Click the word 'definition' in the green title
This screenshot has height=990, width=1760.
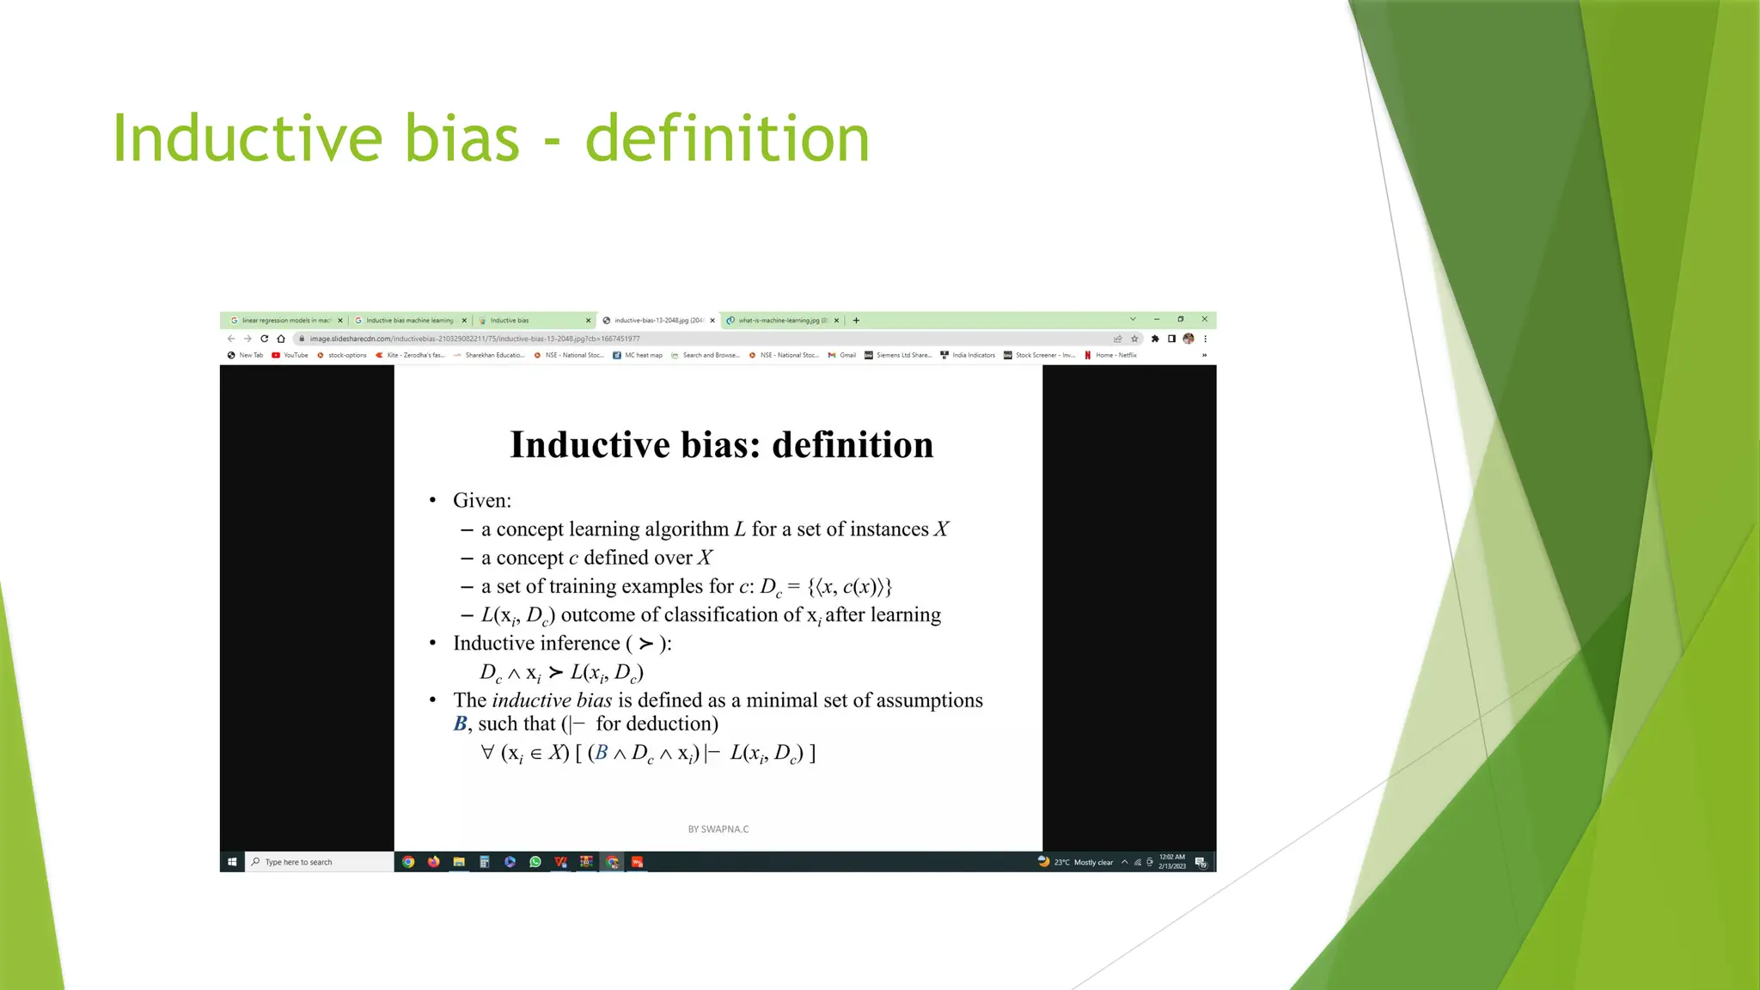(x=727, y=138)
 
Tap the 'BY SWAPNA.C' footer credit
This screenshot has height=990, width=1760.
(x=718, y=829)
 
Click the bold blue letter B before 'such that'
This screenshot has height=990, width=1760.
(x=460, y=724)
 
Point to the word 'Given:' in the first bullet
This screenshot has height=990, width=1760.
(x=482, y=500)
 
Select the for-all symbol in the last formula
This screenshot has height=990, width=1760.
(x=487, y=753)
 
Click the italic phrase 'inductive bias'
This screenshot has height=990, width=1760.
(x=552, y=700)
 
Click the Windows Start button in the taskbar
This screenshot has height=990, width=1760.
(x=232, y=862)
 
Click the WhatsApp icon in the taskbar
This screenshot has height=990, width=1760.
(x=535, y=862)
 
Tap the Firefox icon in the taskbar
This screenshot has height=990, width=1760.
(x=434, y=862)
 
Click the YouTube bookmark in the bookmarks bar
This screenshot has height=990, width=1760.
(x=290, y=355)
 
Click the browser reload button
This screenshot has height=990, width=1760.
(x=264, y=339)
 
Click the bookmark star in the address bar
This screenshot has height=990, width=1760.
(x=1134, y=339)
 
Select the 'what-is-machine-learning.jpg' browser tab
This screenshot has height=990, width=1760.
(x=778, y=321)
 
